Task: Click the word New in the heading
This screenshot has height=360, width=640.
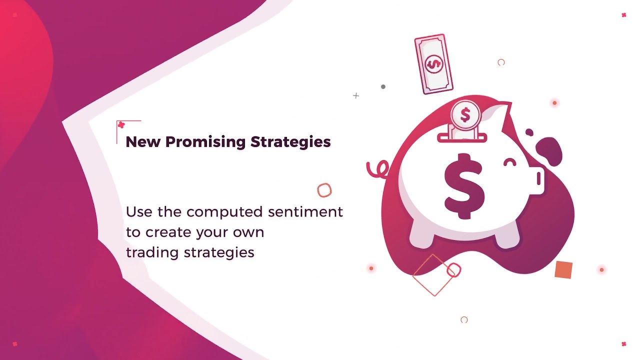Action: point(143,142)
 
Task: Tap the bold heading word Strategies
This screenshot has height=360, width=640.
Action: point(290,142)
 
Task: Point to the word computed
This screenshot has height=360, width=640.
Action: point(225,212)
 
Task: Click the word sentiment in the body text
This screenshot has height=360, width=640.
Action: point(305,212)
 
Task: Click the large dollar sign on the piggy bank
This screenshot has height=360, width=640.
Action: point(464,186)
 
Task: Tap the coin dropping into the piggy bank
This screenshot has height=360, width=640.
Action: point(465,114)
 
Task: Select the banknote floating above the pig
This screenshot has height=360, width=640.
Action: point(433,64)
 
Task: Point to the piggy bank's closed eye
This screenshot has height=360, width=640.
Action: point(510,162)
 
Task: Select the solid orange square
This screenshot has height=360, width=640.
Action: point(563,270)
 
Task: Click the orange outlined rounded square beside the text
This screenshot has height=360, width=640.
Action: point(324,190)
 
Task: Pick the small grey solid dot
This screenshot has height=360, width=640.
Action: point(383,86)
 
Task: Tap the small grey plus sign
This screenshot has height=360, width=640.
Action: point(356,95)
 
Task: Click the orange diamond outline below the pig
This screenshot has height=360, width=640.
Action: point(433,275)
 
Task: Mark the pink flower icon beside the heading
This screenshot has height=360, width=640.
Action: point(121,125)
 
